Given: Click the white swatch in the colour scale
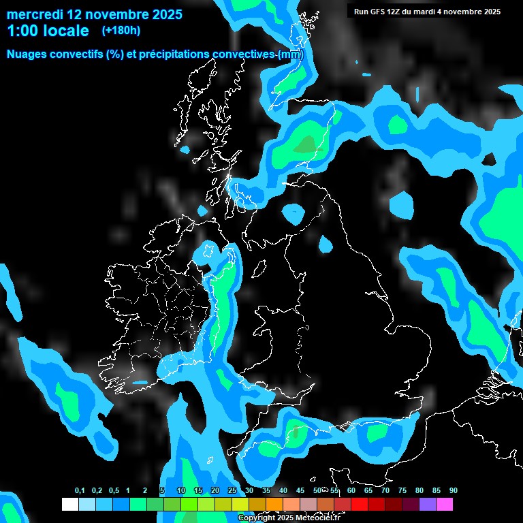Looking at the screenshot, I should pyautogui.click(x=69, y=504).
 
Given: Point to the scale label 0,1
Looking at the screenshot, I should pyautogui.click(x=80, y=491).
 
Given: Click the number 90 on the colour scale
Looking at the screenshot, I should pyautogui.click(x=454, y=491).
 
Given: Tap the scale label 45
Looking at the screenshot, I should pyautogui.click(x=300, y=491).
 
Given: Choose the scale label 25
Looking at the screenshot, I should pyautogui.click(x=232, y=491).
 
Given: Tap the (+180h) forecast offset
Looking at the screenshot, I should pyautogui.click(x=122, y=31).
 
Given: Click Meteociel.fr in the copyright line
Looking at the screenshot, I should pyautogui.click(x=318, y=518).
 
